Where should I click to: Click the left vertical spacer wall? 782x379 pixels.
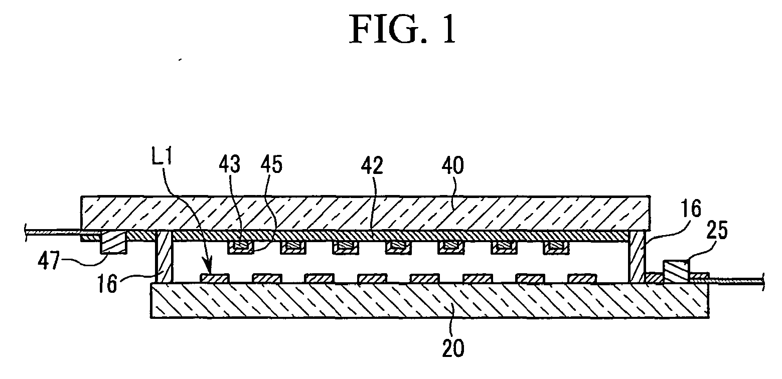click(x=164, y=257)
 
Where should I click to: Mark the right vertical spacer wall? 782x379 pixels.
click(x=637, y=257)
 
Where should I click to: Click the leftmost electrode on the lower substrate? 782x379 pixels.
click(x=215, y=278)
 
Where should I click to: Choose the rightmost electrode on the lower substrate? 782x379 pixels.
click(x=582, y=278)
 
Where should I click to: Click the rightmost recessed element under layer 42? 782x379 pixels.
click(x=557, y=247)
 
